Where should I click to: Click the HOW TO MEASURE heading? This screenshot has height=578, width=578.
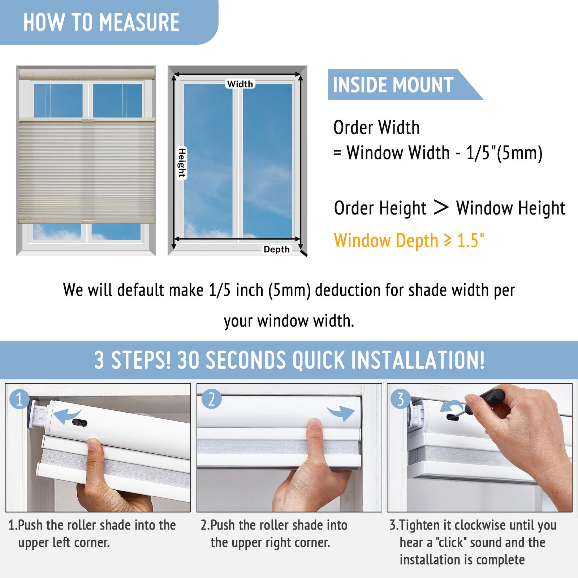pos(102,22)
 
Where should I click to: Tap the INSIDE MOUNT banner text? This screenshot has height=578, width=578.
pos(393,85)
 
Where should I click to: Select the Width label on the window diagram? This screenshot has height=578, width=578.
pos(240,84)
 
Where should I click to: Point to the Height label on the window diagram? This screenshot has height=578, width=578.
pos(182,163)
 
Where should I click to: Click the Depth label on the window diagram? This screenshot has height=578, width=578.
pos(276,249)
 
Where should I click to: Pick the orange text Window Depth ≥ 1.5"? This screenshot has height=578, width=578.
pos(409,241)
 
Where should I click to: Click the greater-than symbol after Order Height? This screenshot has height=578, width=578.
pos(441,207)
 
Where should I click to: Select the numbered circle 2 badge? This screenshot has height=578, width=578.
pos(211,399)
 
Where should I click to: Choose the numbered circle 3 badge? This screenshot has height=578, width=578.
pos(400,399)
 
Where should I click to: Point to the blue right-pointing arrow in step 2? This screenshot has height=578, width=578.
pos(340,413)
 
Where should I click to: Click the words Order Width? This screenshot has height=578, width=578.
pos(376,128)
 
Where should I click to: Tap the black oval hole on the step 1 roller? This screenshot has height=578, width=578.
pos(80,423)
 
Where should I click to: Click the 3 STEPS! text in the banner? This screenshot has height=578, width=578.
pos(132,360)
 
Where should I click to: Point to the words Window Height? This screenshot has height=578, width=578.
pos(511,208)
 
